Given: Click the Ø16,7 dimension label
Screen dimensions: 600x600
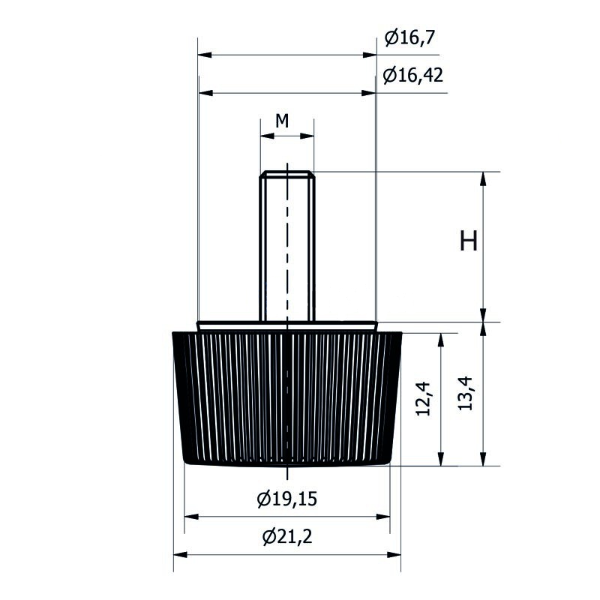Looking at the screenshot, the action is pos(409,38).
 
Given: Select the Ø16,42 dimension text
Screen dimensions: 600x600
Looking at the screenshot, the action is pos(413,75).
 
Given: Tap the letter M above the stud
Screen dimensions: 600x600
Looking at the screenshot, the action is pos(282,121).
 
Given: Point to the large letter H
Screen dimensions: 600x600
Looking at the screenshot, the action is pos(468,241).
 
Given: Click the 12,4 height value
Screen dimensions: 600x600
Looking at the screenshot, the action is pos(423,398).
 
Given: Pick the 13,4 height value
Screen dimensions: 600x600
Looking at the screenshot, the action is pos(465,393).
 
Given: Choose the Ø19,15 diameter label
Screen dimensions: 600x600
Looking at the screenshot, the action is pos(287,499).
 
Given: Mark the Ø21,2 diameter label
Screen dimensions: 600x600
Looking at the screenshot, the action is pos(287,536).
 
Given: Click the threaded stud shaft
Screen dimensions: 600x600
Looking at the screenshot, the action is pos(287,249).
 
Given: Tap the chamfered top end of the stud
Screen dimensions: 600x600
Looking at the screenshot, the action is pos(287,174).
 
